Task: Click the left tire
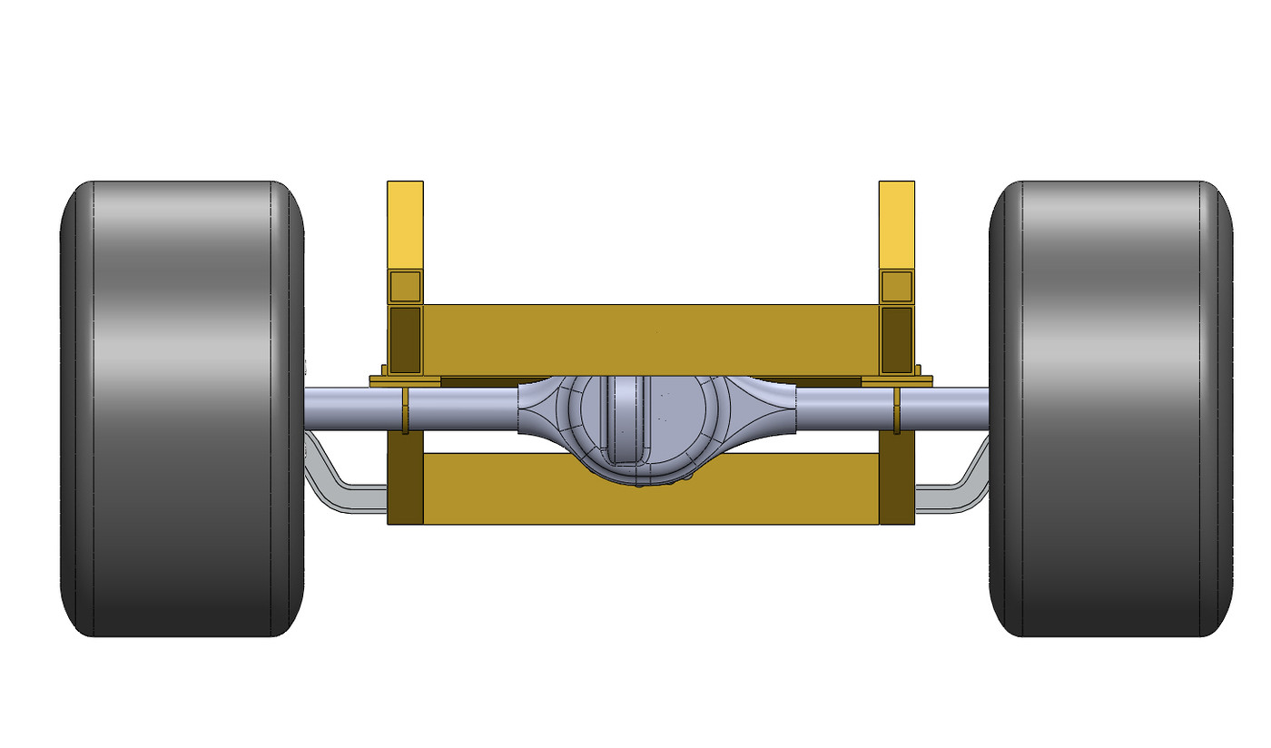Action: click(182, 408)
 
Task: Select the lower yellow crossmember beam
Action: click(508, 490)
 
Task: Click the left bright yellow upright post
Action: click(405, 222)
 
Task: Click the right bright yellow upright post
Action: click(896, 222)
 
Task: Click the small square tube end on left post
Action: click(405, 287)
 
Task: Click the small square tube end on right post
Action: click(896, 287)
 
